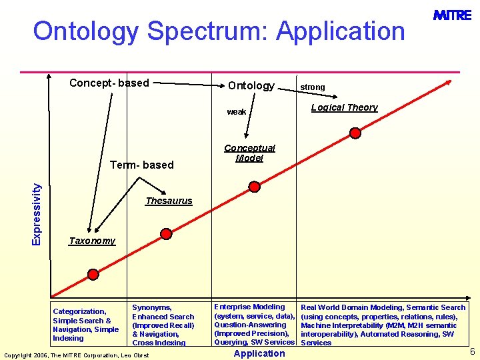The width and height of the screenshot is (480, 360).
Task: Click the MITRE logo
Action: click(453, 15)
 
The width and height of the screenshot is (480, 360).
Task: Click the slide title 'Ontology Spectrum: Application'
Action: click(219, 31)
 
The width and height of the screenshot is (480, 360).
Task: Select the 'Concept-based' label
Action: click(109, 83)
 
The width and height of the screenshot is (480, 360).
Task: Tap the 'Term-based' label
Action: click(141, 165)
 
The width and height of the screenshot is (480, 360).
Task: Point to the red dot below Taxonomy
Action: click(93, 274)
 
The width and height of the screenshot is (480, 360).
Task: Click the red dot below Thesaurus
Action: click(166, 233)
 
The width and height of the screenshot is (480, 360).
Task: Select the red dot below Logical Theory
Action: click(356, 133)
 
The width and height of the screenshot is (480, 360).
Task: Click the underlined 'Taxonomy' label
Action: click(92, 241)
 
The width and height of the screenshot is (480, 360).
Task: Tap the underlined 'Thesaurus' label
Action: click(169, 201)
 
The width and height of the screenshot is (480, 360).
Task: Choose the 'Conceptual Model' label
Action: click(249, 153)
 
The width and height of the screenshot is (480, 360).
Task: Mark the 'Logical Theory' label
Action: click(344, 107)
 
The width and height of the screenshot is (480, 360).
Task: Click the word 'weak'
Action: click(237, 111)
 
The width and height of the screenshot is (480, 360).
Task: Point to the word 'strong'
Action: click(313, 87)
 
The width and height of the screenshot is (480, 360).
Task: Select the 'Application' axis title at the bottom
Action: click(259, 353)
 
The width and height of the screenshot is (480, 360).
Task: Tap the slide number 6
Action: click(472, 351)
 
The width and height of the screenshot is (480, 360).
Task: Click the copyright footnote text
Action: click(77, 355)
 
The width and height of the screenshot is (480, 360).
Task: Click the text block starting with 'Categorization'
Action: click(85, 325)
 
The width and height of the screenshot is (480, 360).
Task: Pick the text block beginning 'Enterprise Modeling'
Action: click(254, 325)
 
